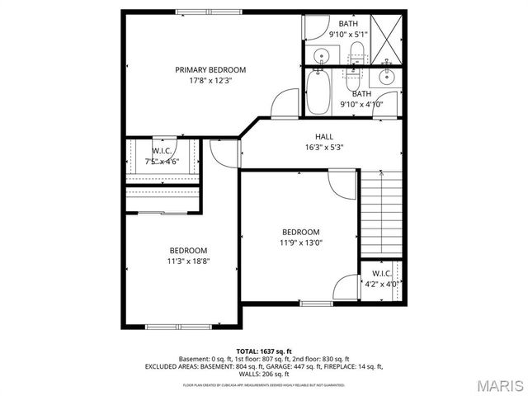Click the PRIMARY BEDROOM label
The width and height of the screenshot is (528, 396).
(x=210, y=70)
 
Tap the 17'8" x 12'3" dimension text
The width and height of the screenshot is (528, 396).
(x=210, y=81)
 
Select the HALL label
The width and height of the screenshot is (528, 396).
(x=323, y=136)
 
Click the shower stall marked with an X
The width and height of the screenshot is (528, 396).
(x=388, y=37)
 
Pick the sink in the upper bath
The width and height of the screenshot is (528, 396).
(x=323, y=56)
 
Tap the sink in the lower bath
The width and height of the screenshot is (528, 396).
(x=386, y=78)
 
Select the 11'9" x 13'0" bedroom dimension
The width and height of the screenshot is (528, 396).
(x=300, y=243)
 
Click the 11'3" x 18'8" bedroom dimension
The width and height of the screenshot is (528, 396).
(x=188, y=262)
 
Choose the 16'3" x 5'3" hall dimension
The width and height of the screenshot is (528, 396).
(x=323, y=147)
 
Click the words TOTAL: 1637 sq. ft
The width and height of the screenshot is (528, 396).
(x=263, y=351)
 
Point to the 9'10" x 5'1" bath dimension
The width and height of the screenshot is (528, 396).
(x=350, y=35)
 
